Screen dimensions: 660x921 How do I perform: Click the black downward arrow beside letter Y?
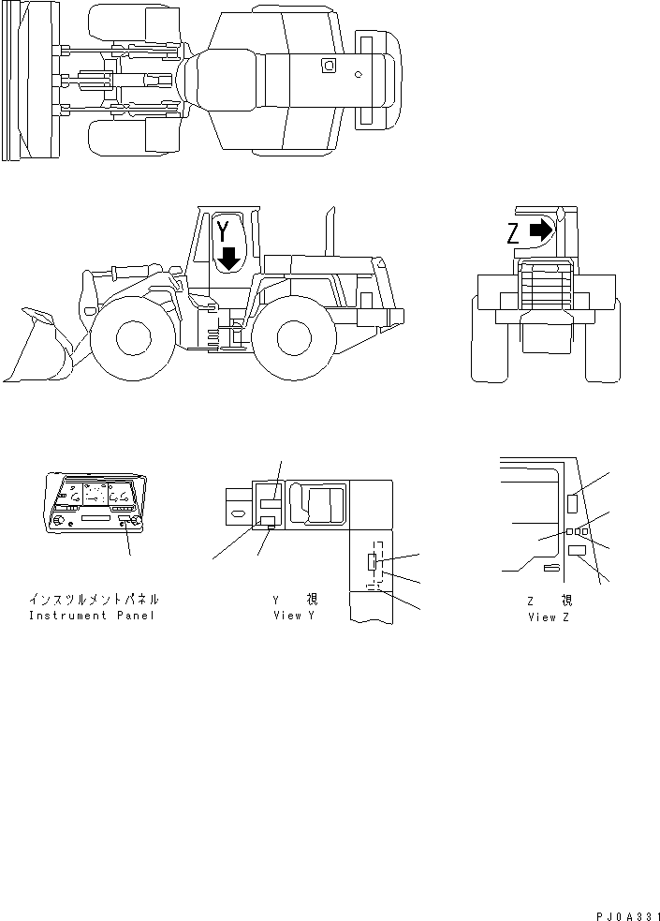[x=228, y=259]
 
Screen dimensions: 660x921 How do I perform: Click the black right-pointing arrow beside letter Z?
[x=541, y=230]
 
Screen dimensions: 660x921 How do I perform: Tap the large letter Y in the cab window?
[x=223, y=232]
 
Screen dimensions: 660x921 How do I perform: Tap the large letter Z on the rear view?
[x=513, y=234]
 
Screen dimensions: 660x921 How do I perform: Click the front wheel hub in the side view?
[x=133, y=337]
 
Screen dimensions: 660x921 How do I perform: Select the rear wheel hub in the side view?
[x=293, y=337]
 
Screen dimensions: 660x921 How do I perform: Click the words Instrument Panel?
[x=92, y=616]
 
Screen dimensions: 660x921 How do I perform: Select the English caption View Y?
[x=294, y=616]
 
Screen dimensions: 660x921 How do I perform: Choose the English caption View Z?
[x=549, y=617]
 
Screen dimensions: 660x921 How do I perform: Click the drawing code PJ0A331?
[x=628, y=916]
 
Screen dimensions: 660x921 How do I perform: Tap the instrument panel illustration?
[x=95, y=503]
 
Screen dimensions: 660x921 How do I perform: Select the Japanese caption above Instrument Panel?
[x=94, y=600]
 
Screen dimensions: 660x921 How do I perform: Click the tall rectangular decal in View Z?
[x=573, y=504]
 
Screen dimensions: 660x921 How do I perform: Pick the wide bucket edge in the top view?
[x=12, y=81]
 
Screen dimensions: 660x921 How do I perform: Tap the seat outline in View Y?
[x=318, y=503]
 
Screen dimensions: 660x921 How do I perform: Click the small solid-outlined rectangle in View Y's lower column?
[x=372, y=561]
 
